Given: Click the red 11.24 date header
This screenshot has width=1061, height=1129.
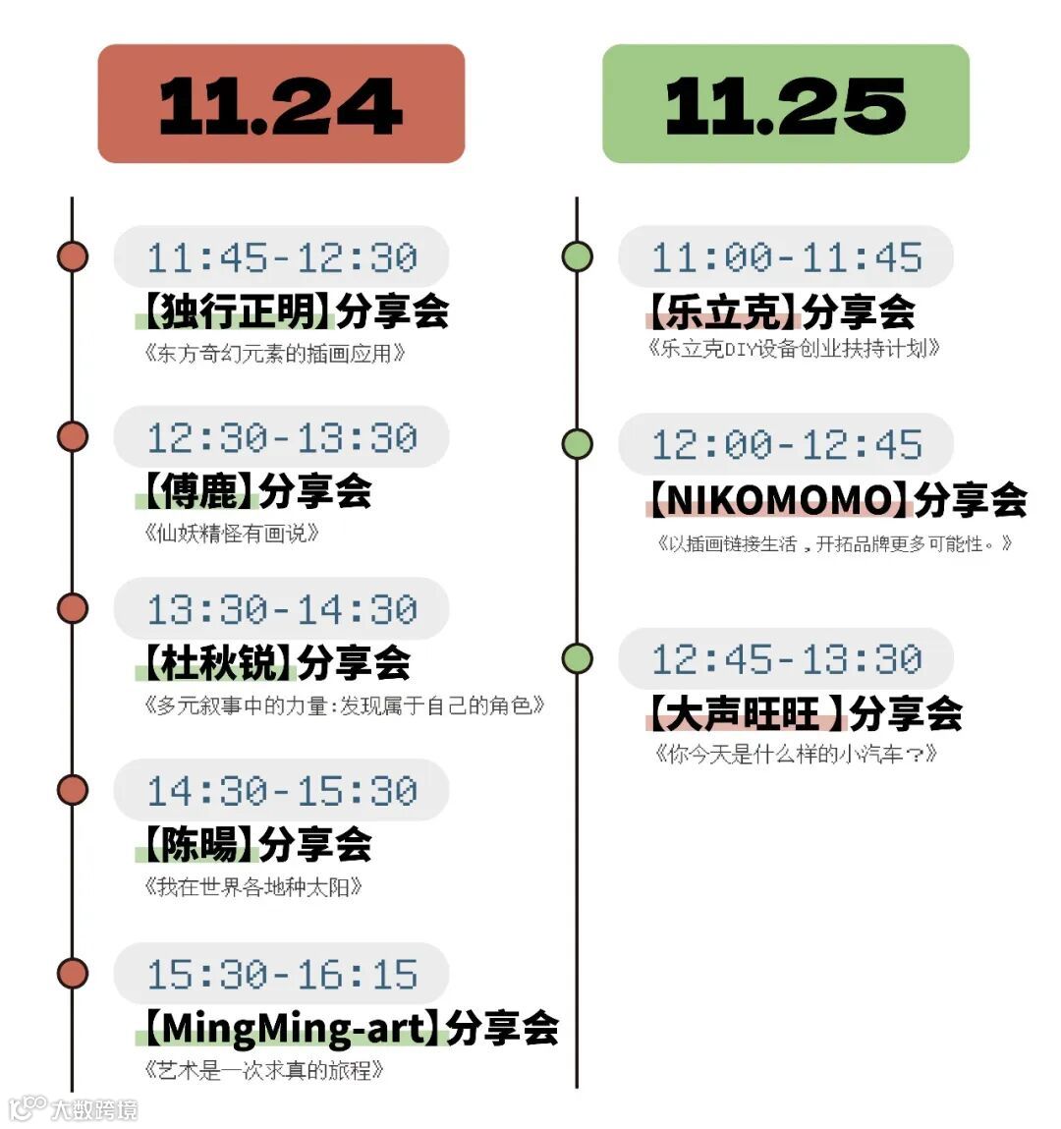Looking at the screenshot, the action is [x=281, y=104].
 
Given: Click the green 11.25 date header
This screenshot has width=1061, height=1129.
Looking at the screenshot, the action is [x=785, y=104].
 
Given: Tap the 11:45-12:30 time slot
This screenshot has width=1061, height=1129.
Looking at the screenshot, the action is [x=282, y=257].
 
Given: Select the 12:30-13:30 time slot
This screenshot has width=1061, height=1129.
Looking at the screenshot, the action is [x=282, y=437].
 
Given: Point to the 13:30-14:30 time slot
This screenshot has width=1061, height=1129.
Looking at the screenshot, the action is [x=282, y=609].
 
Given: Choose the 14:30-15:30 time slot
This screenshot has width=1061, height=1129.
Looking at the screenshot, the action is [x=282, y=790].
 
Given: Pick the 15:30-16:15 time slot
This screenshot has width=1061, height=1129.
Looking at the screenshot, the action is [x=282, y=974].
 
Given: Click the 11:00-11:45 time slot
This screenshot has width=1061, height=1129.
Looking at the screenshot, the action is [x=786, y=257].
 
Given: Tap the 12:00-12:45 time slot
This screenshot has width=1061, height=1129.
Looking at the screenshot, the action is [x=786, y=444].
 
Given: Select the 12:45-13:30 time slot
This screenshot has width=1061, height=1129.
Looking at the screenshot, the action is [x=786, y=658].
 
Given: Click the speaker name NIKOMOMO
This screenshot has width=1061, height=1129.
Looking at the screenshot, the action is [x=779, y=500].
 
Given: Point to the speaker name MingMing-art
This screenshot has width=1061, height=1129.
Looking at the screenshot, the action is [x=292, y=1029].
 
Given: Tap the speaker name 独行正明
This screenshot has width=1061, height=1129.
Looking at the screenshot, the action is [x=237, y=311].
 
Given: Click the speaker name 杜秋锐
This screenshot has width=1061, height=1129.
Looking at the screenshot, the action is [x=218, y=663].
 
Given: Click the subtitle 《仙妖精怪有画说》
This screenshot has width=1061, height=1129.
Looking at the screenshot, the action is [x=232, y=534].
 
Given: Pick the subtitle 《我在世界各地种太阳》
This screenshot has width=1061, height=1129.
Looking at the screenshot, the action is [x=253, y=887].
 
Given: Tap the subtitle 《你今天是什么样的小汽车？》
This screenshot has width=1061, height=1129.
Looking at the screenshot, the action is [x=796, y=755].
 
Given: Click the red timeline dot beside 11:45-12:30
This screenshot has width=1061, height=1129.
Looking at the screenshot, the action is [x=73, y=256].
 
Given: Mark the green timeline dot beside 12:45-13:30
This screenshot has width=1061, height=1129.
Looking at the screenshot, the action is [x=578, y=658].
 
